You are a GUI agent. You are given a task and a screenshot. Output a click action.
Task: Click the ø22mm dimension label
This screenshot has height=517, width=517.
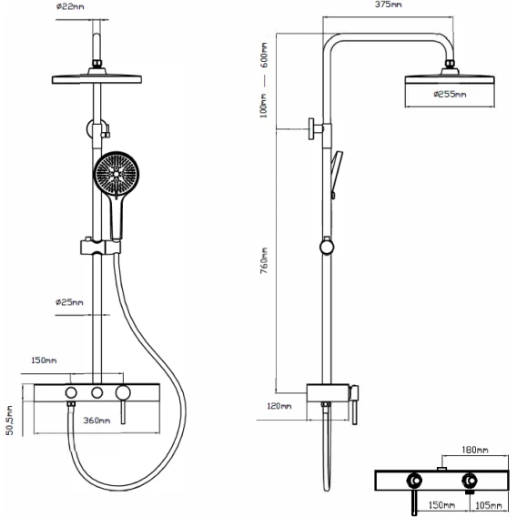coord(70,6)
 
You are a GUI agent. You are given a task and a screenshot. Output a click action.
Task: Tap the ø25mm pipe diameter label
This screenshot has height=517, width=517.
coord(69,302)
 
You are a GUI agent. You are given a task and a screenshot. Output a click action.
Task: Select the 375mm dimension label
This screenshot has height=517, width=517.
coord(388,5)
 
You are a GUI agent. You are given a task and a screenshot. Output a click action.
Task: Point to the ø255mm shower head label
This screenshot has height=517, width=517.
coord(450,95)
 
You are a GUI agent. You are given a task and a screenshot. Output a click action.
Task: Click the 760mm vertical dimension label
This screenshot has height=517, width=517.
coord(264,260)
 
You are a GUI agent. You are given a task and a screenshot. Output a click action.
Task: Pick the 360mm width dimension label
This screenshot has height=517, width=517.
coord(96,421)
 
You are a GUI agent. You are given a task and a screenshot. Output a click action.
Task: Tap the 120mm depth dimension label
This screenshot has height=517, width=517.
coord(279,406)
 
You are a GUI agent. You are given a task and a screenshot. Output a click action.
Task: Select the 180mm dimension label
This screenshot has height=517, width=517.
coord(475,450)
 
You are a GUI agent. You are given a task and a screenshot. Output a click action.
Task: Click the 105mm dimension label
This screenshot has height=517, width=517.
coord(488,505)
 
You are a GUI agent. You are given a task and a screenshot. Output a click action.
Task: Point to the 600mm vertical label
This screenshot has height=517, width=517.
coord(264,55)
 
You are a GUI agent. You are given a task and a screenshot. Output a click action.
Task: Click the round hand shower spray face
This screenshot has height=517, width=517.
coord(117,173)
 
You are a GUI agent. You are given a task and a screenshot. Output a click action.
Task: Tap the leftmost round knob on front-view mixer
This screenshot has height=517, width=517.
coord(71,392)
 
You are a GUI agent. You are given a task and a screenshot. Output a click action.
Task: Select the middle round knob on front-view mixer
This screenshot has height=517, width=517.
coord(96,392)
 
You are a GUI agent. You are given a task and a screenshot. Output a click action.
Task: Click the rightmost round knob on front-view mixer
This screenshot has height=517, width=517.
coord(123,392)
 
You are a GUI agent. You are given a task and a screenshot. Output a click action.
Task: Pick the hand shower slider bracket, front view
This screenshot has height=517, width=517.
coord(100,247)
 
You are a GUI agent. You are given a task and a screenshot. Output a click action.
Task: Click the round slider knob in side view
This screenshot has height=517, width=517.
coord(327,247)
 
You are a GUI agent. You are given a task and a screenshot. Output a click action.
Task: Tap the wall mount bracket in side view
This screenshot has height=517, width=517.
coord(316,128)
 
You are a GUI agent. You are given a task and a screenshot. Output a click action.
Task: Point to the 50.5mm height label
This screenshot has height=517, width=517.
coord(9,421)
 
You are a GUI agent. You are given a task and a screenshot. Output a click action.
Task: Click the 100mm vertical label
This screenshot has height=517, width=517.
coord(263,106)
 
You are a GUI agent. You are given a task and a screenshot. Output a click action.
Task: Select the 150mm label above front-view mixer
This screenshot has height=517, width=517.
coord(44,360)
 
